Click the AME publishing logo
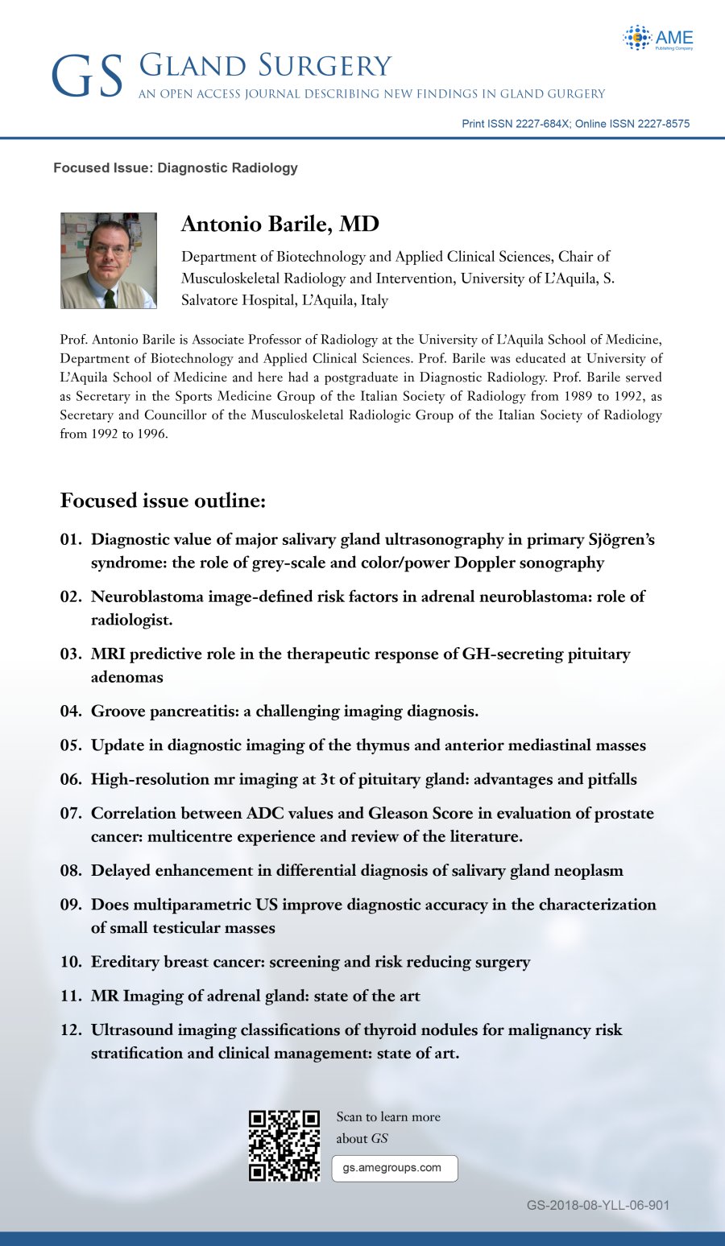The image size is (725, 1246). pyautogui.click(x=657, y=38)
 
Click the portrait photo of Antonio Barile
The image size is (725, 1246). pyautogui.click(x=109, y=261)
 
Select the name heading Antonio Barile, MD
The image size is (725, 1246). pyautogui.click(x=280, y=224)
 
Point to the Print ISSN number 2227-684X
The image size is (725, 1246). pyautogui.click(x=537, y=124)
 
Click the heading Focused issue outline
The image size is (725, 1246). pyautogui.click(x=163, y=501)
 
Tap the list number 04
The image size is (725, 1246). pyautogui.click(x=71, y=712)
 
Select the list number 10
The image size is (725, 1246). pyautogui.click(x=71, y=963)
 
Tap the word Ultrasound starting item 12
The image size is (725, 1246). pyautogui.click(x=132, y=1030)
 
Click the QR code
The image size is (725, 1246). pyautogui.click(x=284, y=1145)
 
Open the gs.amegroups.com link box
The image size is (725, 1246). pyautogui.click(x=395, y=1168)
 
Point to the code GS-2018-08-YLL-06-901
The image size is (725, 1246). pyautogui.click(x=599, y=1205)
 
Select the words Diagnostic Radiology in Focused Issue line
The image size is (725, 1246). pyautogui.click(x=227, y=167)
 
